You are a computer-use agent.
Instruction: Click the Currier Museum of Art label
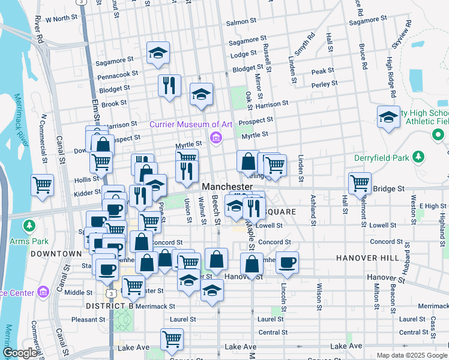click(x=191, y=124)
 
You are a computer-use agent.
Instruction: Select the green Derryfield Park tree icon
click(x=419, y=158)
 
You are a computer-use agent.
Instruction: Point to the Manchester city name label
click(x=227, y=187)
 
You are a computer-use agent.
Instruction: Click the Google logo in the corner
click(x=20, y=353)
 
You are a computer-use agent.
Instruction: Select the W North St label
click(x=58, y=19)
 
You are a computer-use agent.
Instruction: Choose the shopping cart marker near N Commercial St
click(x=43, y=185)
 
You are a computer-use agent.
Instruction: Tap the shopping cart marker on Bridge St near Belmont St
click(x=360, y=182)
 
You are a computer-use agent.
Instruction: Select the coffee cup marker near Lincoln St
click(x=288, y=262)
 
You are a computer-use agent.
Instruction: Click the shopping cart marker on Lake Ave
click(x=172, y=339)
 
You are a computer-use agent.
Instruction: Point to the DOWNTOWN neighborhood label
click(x=56, y=254)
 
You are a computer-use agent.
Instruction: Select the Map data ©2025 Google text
click(x=411, y=355)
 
